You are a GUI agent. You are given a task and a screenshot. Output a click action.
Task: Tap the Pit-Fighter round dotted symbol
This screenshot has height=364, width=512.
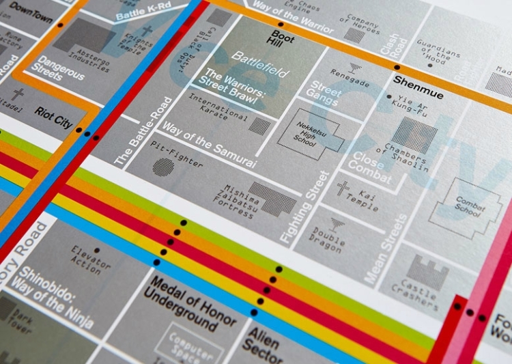pos(163,167)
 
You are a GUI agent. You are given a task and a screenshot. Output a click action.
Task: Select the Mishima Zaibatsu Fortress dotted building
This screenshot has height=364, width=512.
pos(272,198)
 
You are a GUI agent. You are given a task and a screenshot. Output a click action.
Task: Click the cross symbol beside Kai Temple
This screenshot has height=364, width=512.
pos(342,188)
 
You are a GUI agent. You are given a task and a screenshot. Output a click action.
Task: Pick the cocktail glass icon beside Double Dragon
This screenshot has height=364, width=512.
pos(336,223)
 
